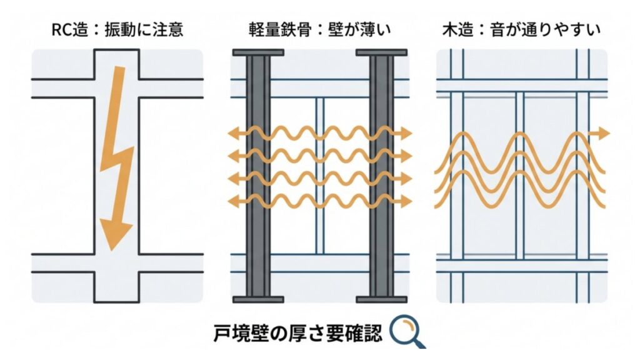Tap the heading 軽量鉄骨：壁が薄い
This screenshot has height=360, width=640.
pyautogui.click(x=319, y=30)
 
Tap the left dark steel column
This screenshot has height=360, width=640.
pyautogui.click(x=257, y=175)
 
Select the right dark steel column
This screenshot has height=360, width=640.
pyautogui.click(x=382, y=175)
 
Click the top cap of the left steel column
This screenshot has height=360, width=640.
pyautogui.click(x=257, y=52)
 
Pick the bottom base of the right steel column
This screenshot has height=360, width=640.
pyautogui.click(x=382, y=297)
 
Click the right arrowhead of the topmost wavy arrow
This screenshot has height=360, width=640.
pyautogui.click(x=407, y=132)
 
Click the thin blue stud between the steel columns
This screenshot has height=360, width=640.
pyautogui.click(x=319, y=175)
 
